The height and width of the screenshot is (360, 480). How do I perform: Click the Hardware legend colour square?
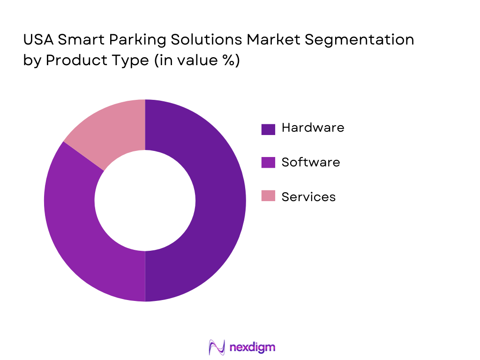268,129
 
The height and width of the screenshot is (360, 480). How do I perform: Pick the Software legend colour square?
268,162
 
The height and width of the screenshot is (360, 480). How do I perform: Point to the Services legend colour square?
268,196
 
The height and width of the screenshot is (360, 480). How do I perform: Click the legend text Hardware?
313,127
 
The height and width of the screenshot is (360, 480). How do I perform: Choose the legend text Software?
311,162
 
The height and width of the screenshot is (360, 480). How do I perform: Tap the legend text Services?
308,197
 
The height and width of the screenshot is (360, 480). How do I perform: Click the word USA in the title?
38,40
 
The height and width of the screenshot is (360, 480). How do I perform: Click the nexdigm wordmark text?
253,347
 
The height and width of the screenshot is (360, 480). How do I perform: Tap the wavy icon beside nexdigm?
217,347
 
